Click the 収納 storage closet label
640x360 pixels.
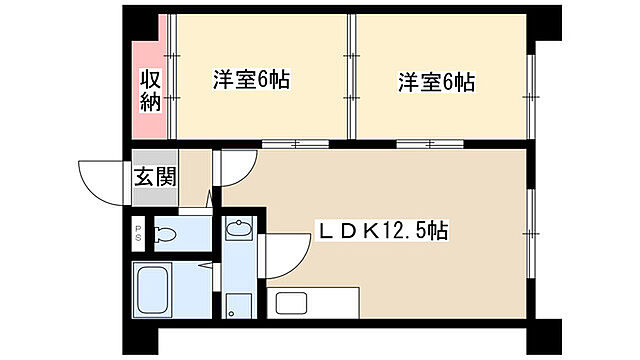[x=151, y=90]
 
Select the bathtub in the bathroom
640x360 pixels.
[x=156, y=290]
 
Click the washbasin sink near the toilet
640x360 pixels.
[x=238, y=231]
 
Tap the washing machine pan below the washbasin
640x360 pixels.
[x=237, y=305]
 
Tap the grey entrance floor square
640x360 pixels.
[x=155, y=186]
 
